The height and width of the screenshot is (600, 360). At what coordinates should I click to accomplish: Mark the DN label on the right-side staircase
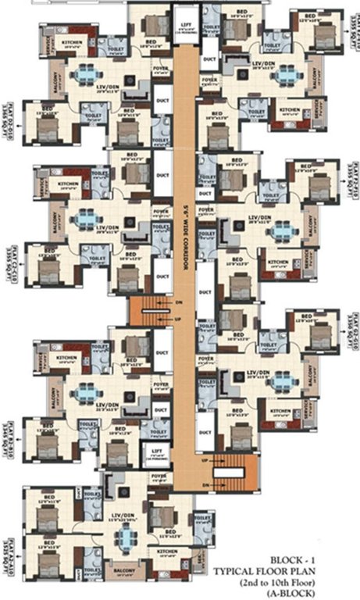click(x=205, y=485)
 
